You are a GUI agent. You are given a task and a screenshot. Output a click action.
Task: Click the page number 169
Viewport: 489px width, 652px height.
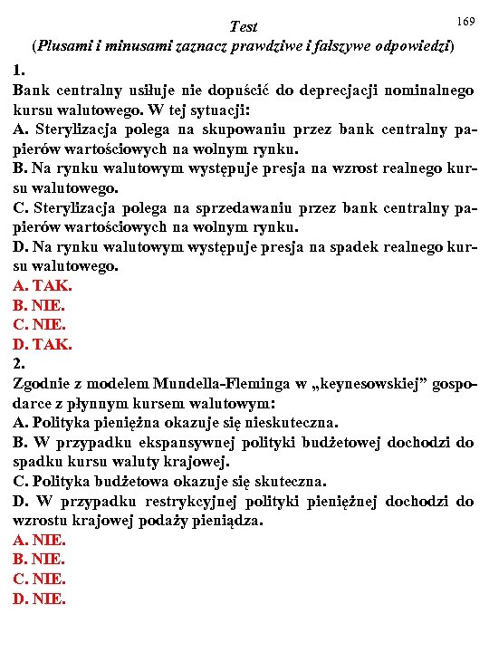pos(466,20)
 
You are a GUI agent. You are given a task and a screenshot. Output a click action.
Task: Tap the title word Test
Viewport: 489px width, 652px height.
pos(244,26)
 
